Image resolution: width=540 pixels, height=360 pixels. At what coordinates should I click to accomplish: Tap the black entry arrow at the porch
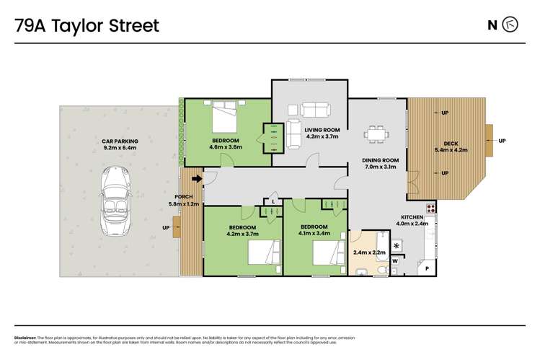pyautogui.click(x=197, y=179)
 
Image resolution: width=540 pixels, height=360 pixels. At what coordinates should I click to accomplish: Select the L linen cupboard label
pyautogui.click(x=273, y=201)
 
